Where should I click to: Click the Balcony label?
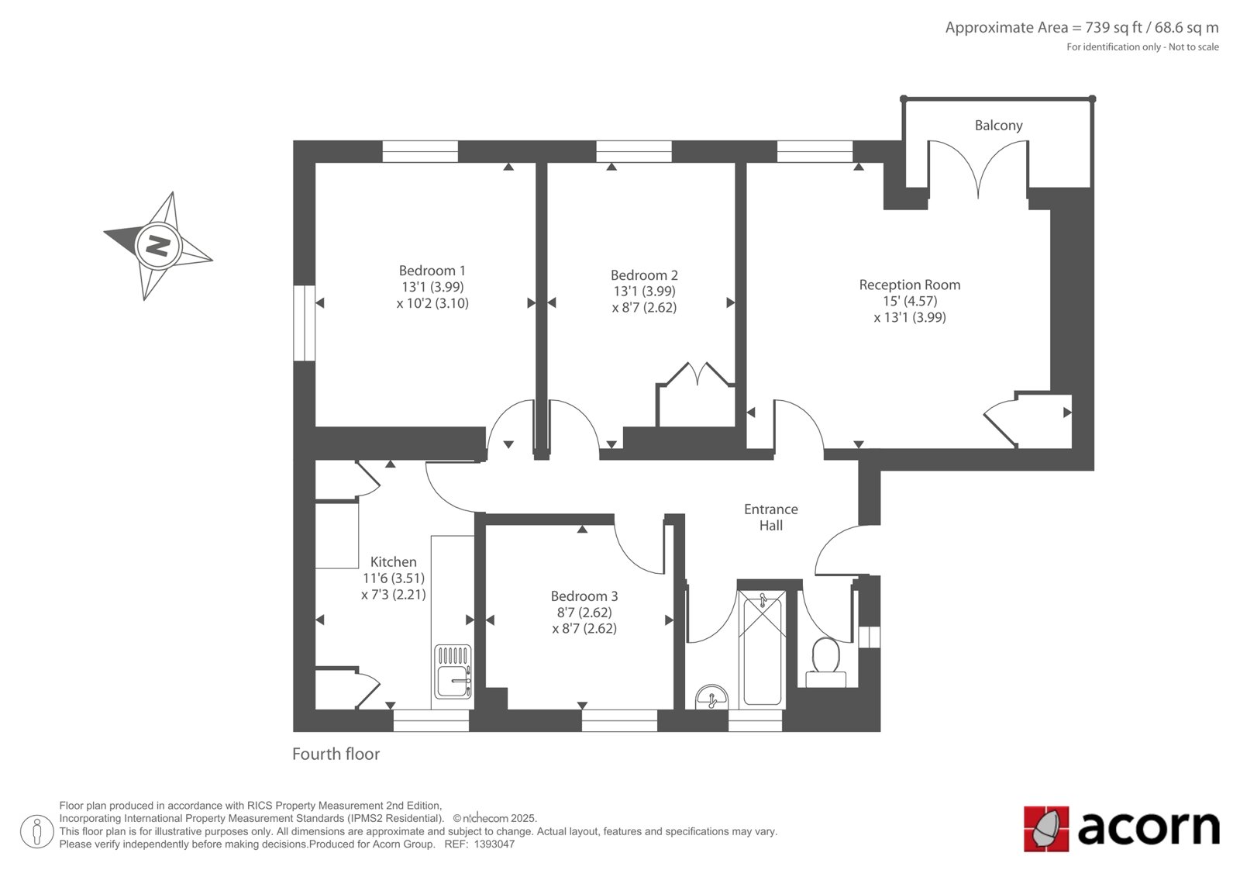(x=998, y=126)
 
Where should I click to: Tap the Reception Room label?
(x=910, y=285)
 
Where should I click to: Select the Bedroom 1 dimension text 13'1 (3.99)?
(x=432, y=287)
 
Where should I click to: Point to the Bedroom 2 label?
(x=644, y=275)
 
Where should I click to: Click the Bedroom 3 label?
(x=584, y=596)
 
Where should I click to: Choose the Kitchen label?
(x=393, y=561)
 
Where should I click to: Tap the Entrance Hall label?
(x=770, y=517)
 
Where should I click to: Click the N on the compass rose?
(x=158, y=246)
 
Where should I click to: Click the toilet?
(x=825, y=663)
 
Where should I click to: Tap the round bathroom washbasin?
(x=712, y=698)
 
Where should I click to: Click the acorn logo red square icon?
(x=1046, y=828)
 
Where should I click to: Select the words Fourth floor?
(x=336, y=754)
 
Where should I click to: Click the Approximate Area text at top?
(x=1082, y=28)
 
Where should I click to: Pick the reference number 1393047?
(x=494, y=844)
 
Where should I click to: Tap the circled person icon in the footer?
(x=36, y=831)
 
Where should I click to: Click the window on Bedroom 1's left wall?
(x=304, y=323)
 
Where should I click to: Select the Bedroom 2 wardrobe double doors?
(x=697, y=374)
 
